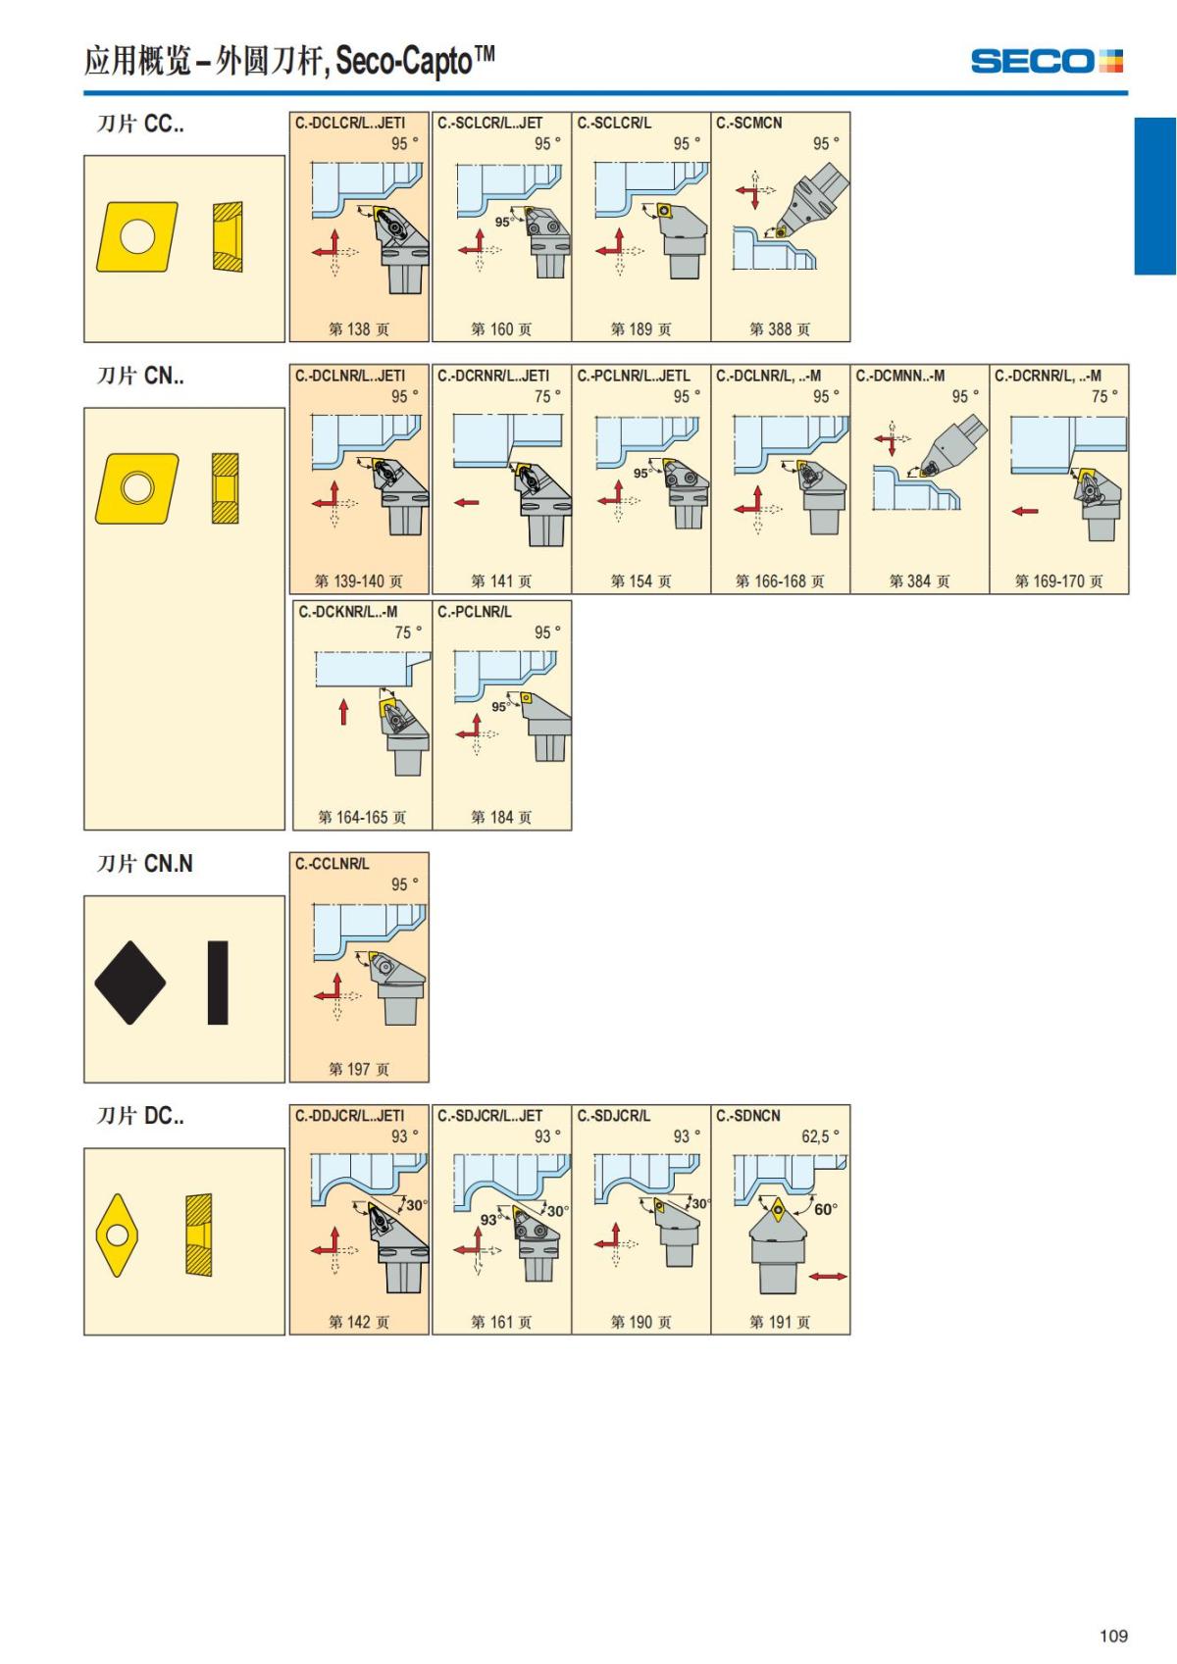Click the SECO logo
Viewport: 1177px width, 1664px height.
pyautogui.click(x=1047, y=61)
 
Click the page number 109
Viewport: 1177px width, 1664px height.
pyautogui.click(x=1113, y=1636)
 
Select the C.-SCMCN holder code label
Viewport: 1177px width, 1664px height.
pyautogui.click(x=748, y=123)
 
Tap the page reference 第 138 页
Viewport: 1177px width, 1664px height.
pyautogui.click(x=358, y=328)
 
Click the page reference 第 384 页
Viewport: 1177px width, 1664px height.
pyautogui.click(x=919, y=580)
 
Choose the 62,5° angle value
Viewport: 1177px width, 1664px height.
pyautogui.click(x=820, y=1136)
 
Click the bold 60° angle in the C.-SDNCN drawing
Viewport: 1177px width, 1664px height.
pyautogui.click(x=825, y=1209)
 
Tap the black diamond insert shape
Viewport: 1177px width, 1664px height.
pyautogui.click(x=130, y=983)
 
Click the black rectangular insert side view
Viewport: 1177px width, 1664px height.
pyautogui.click(x=218, y=983)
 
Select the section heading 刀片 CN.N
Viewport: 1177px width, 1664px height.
pyautogui.click(x=145, y=864)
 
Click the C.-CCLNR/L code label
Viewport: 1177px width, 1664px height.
pyautogui.click(x=332, y=864)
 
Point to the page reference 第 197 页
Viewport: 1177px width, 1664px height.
pyautogui.click(x=358, y=1069)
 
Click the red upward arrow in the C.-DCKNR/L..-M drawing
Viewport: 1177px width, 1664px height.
pyautogui.click(x=343, y=711)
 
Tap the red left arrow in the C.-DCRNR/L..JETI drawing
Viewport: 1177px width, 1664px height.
pyautogui.click(x=467, y=502)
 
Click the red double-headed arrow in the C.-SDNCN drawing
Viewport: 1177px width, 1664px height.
pyautogui.click(x=828, y=1277)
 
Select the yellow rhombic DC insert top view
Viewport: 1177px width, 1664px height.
pyautogui.click(x=117, y=1235)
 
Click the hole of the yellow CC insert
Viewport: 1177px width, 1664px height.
pyautogui.click(x=137, y=237)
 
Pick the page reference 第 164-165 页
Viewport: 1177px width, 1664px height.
pyautogui.click(x=362, y=817)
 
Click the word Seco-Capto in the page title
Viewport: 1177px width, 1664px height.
pyautogui.click(x=404, y=61)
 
